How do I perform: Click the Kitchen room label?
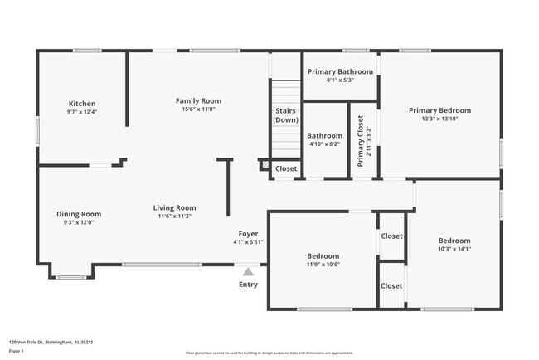click(81, 104)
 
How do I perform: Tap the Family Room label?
click(198, 101)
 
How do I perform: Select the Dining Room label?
click(79, 214)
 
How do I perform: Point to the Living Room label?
click(174, 208)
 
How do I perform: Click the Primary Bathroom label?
click(340, 72)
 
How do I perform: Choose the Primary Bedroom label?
click(439, 110)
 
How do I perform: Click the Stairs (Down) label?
click(285, 115)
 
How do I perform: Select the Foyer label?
click(248, 234)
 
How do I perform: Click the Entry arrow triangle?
click(247, 270)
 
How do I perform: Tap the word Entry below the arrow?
click(248, 285)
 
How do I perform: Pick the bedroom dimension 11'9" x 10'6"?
click(323, 265)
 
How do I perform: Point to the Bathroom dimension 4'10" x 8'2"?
click(324, 144)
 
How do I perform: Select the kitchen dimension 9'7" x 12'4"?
click(81, 112)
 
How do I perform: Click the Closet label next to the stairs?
click(286, 168)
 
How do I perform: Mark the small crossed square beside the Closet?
click(265, 166)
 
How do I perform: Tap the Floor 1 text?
click(17, 351)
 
